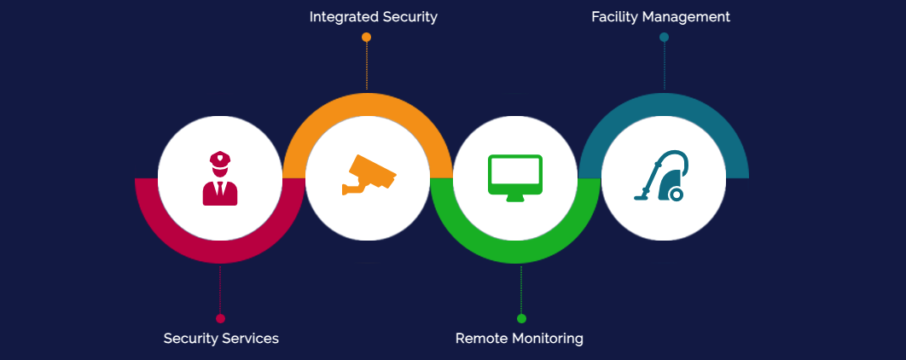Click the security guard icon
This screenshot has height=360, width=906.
coord(220,178)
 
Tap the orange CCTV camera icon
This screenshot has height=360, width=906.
coord(369,174)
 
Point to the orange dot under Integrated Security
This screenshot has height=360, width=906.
coord(367,38)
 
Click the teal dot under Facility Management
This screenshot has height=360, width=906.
coord(664,38)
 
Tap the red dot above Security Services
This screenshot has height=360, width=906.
coord(220,318)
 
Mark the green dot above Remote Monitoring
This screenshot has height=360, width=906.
coord(521,318)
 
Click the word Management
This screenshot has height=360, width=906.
coord(688,17)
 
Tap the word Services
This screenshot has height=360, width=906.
coord(250,339)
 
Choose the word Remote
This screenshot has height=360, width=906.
coord(480,339)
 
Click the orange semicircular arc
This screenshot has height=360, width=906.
coord(367,105)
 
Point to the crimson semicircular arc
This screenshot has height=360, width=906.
coord(220,253)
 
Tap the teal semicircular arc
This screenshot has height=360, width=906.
coord(664,105)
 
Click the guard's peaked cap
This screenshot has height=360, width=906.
coord(220,158)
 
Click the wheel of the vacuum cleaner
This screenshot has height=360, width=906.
coord(676,195)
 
